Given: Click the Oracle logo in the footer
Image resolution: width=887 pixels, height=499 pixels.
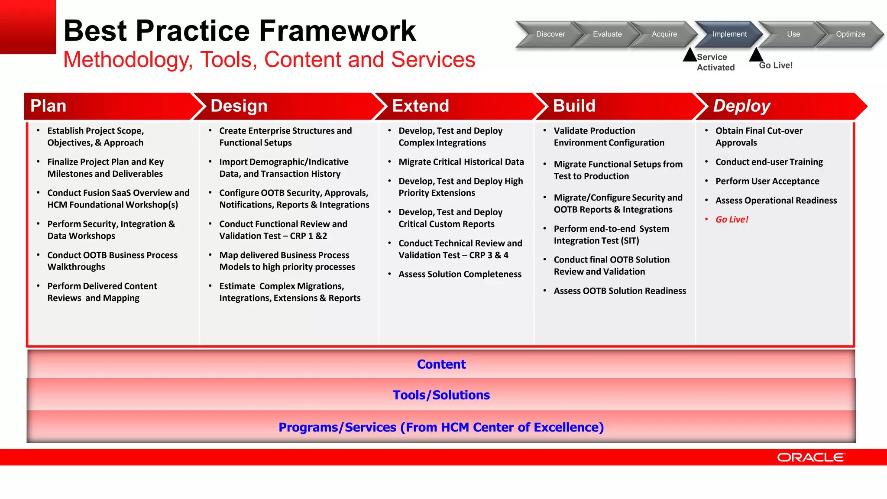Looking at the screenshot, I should pyautogui.click(x=810, y=457).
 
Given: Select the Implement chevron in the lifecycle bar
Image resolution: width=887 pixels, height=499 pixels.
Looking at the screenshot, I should pyautogui.click(x=729, y=34).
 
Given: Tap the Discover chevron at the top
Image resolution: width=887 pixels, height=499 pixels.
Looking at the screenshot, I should pyautogui.click(x=550, y=34).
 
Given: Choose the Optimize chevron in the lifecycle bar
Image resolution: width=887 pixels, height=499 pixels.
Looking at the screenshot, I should pyautogui.click(x=850, y=34).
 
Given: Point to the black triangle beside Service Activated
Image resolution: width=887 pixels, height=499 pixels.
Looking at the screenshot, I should pyautogui.click(x=690, y=55).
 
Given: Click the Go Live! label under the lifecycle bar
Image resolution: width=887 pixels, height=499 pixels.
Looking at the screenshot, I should pyautogui.click(x=775, y=65).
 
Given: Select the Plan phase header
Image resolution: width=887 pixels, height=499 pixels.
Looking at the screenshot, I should pyautogui.click(x=49, y=106).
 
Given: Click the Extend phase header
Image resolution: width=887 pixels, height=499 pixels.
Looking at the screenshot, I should pyautogui.click(x=420, y=106).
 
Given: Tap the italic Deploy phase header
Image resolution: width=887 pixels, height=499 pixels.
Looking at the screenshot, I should pyautogui.click(x=741, y=106).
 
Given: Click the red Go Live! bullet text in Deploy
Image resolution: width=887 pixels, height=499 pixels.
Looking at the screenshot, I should pyautogui.click(x=732, y=220).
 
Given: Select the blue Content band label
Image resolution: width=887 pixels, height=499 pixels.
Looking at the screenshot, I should pyautogui.click(x=441, y=364).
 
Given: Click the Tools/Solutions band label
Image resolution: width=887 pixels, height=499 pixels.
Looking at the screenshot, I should pyautogui.click(x=441, y=395).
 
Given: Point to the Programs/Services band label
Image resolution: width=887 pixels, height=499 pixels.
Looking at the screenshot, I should pyautogui.click(x=441, y=428).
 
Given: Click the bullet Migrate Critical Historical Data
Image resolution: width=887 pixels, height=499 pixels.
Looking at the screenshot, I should pyautogui.click(x=461, y=162).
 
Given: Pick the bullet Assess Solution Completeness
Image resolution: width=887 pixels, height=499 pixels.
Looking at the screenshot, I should pyautogui.click(x=460, y=274).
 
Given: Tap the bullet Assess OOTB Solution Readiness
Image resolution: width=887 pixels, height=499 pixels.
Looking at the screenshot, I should pyautogui.click(x=619, y=291).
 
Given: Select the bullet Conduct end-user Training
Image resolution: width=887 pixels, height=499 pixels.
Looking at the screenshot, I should pyautogui.click(x=769, y=162).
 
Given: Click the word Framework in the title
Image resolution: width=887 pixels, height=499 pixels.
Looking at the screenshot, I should pyautogui.click(x=337, y=31).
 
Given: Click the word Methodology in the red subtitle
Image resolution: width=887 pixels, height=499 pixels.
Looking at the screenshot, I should pyautogui.click(x=128, y=60).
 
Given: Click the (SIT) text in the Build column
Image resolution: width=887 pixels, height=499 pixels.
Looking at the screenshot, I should pyautogui.click(x=630, y=241).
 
